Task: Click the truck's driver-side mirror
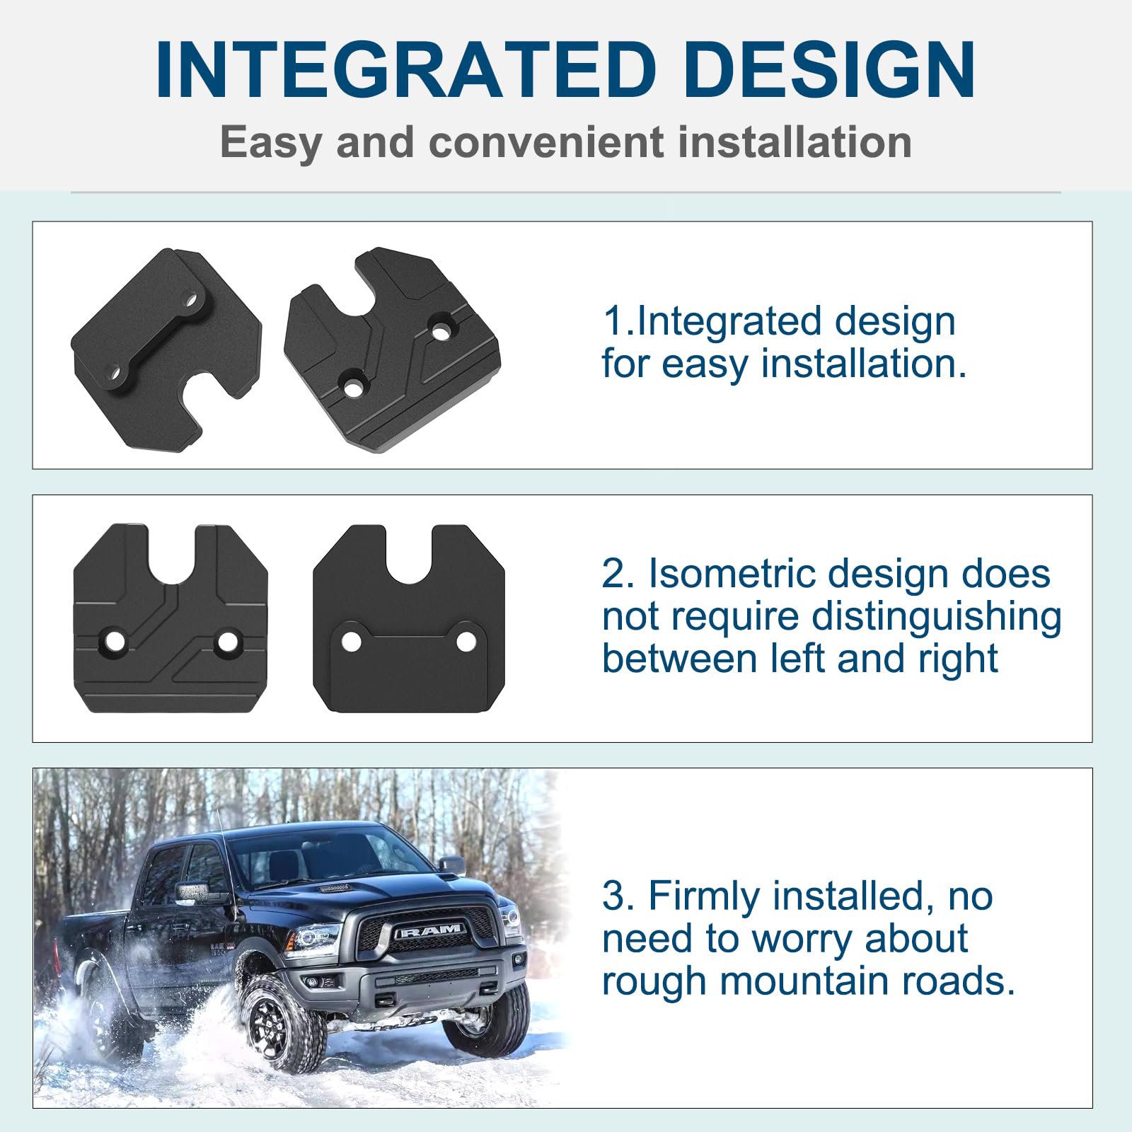(x=453, y=867)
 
